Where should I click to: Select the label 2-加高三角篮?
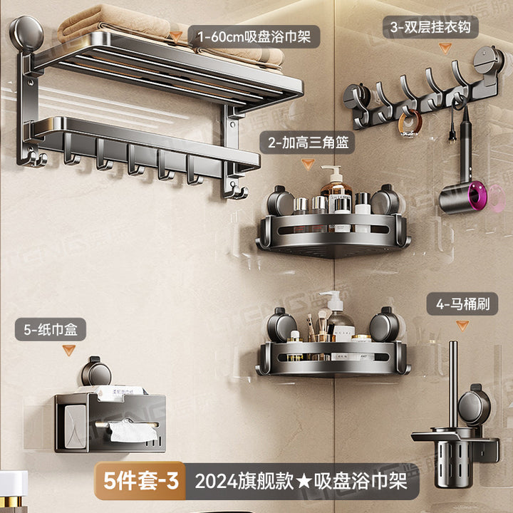[308, 142]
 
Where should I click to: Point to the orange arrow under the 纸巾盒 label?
[69, 350]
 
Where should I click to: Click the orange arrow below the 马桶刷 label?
[463, 325]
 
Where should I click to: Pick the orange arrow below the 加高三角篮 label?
[308, 163]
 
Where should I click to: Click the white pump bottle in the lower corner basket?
[330, 313]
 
